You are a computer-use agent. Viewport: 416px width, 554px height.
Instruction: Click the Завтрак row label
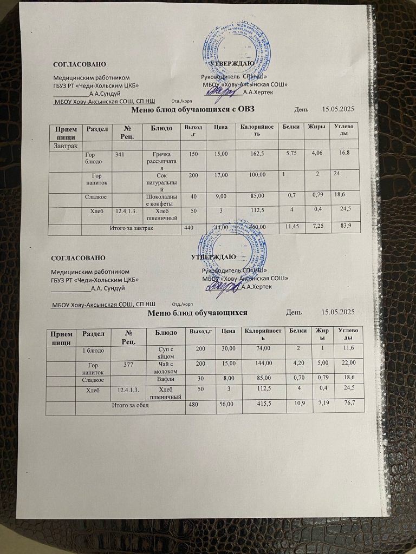tap(64, 146)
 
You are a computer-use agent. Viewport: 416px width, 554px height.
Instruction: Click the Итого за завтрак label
tap(129, 228)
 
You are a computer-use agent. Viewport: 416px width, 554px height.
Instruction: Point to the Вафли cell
tap(164, 380)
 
